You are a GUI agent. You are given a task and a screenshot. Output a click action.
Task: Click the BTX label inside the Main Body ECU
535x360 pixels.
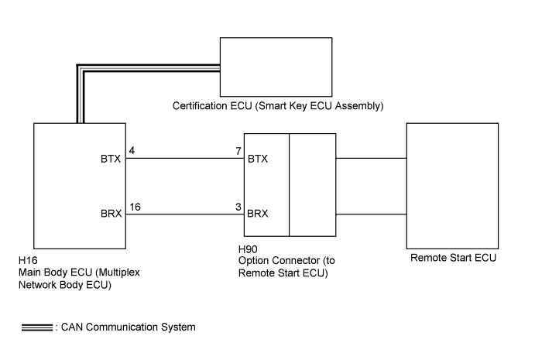point(111,159)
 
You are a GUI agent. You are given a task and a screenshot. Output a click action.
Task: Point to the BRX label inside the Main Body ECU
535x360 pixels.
point(111,214)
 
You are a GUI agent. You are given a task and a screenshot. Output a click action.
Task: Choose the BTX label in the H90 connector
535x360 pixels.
point(258,159)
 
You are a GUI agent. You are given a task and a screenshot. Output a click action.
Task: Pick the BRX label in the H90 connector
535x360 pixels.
point(258,214)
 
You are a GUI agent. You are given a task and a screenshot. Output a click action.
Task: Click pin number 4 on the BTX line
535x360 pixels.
point(132,150)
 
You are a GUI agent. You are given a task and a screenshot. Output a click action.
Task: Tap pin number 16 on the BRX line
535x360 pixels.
point(135,207)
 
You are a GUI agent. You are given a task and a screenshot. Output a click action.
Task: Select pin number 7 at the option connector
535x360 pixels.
point(238,151)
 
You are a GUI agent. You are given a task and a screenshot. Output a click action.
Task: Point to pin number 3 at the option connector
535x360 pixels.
point(238,207)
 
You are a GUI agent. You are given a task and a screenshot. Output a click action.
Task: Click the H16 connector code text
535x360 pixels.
point(28,261)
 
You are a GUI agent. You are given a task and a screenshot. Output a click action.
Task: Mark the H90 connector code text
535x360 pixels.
point(248,249)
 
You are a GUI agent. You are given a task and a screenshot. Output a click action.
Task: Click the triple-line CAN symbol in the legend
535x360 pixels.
point(37,327)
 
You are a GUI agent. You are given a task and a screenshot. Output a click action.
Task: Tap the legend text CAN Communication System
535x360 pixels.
point(129,327)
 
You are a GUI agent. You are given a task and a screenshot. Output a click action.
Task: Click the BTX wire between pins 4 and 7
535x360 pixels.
point(185,159)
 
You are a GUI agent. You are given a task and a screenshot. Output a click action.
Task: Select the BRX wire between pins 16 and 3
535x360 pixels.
point(185,214)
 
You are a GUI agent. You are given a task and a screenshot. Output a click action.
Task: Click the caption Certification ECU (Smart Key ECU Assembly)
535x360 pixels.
point(278,106)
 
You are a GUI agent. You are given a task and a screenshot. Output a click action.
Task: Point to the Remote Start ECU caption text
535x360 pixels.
point(453,258)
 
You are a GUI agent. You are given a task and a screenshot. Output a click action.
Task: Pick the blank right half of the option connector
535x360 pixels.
point(313,185)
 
